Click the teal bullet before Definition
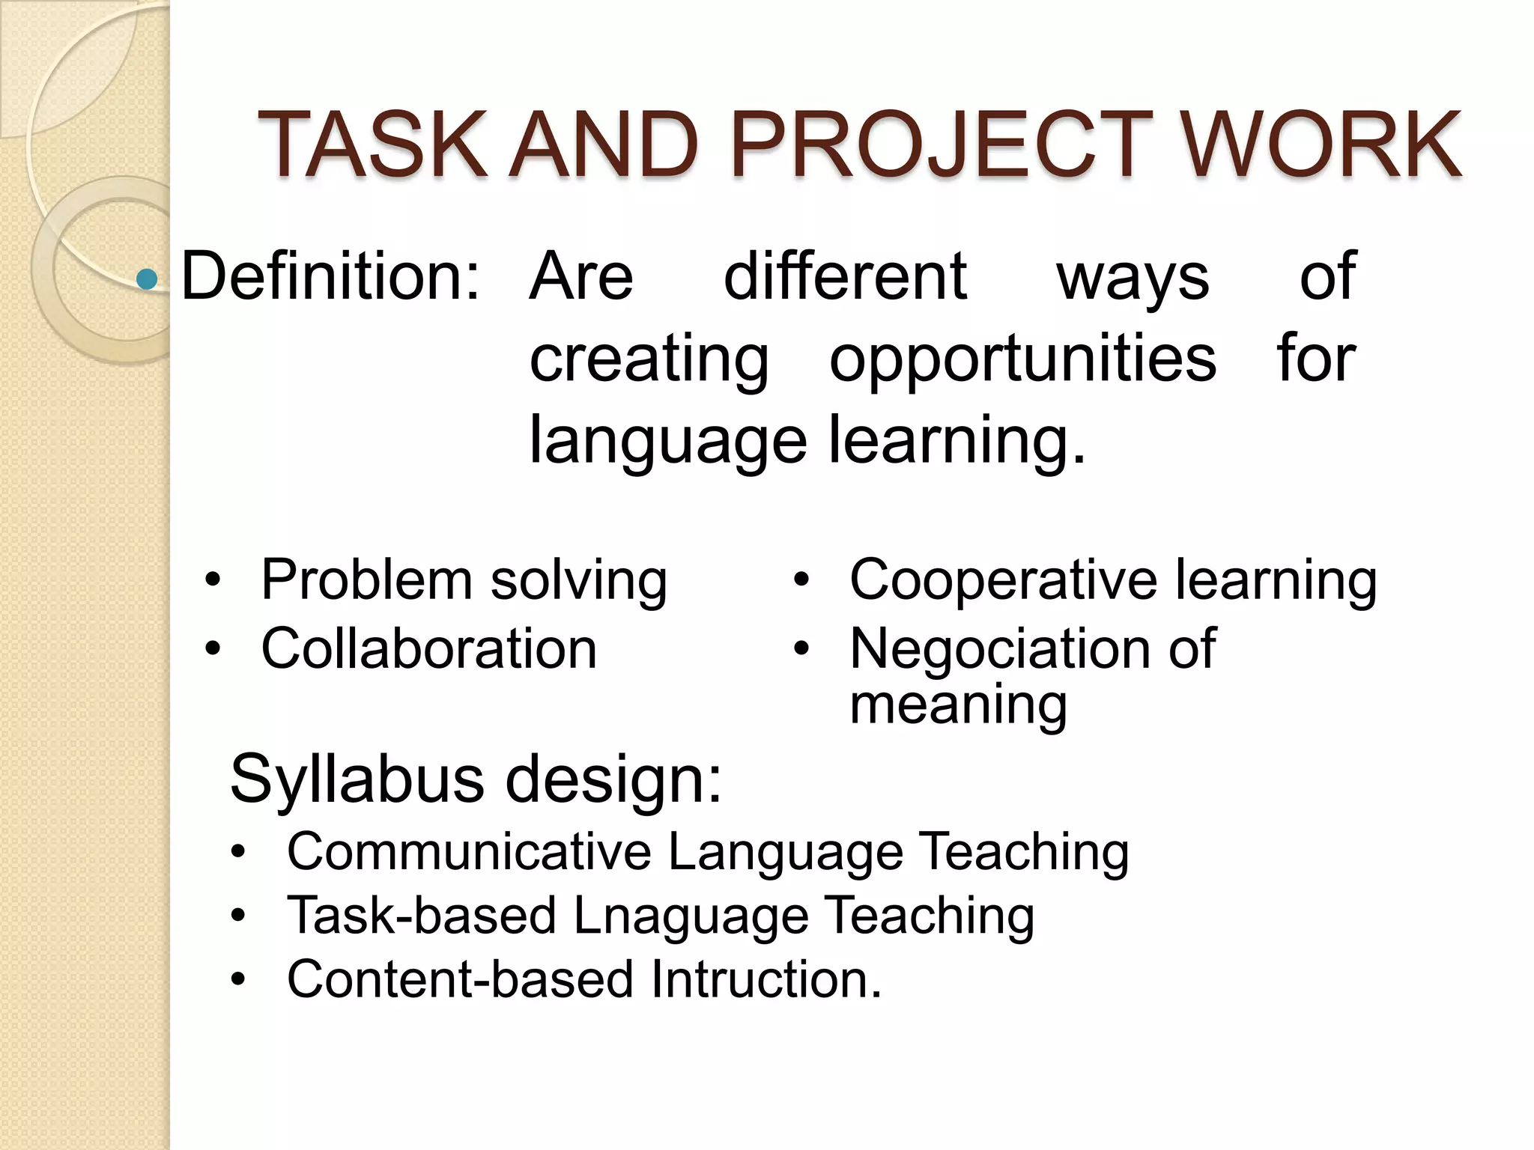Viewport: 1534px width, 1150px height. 148,279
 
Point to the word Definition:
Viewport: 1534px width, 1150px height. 330,276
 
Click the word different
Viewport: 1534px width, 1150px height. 845,276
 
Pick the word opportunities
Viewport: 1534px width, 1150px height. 1022,359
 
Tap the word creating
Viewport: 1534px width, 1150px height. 649,359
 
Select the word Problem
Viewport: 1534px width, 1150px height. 366,579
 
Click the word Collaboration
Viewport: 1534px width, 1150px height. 428,648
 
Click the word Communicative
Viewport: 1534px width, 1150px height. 469,852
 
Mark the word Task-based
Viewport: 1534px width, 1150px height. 422,916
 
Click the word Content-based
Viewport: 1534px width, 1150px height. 459,979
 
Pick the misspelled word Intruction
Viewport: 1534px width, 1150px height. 766,979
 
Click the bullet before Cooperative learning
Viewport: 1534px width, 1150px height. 801,580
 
